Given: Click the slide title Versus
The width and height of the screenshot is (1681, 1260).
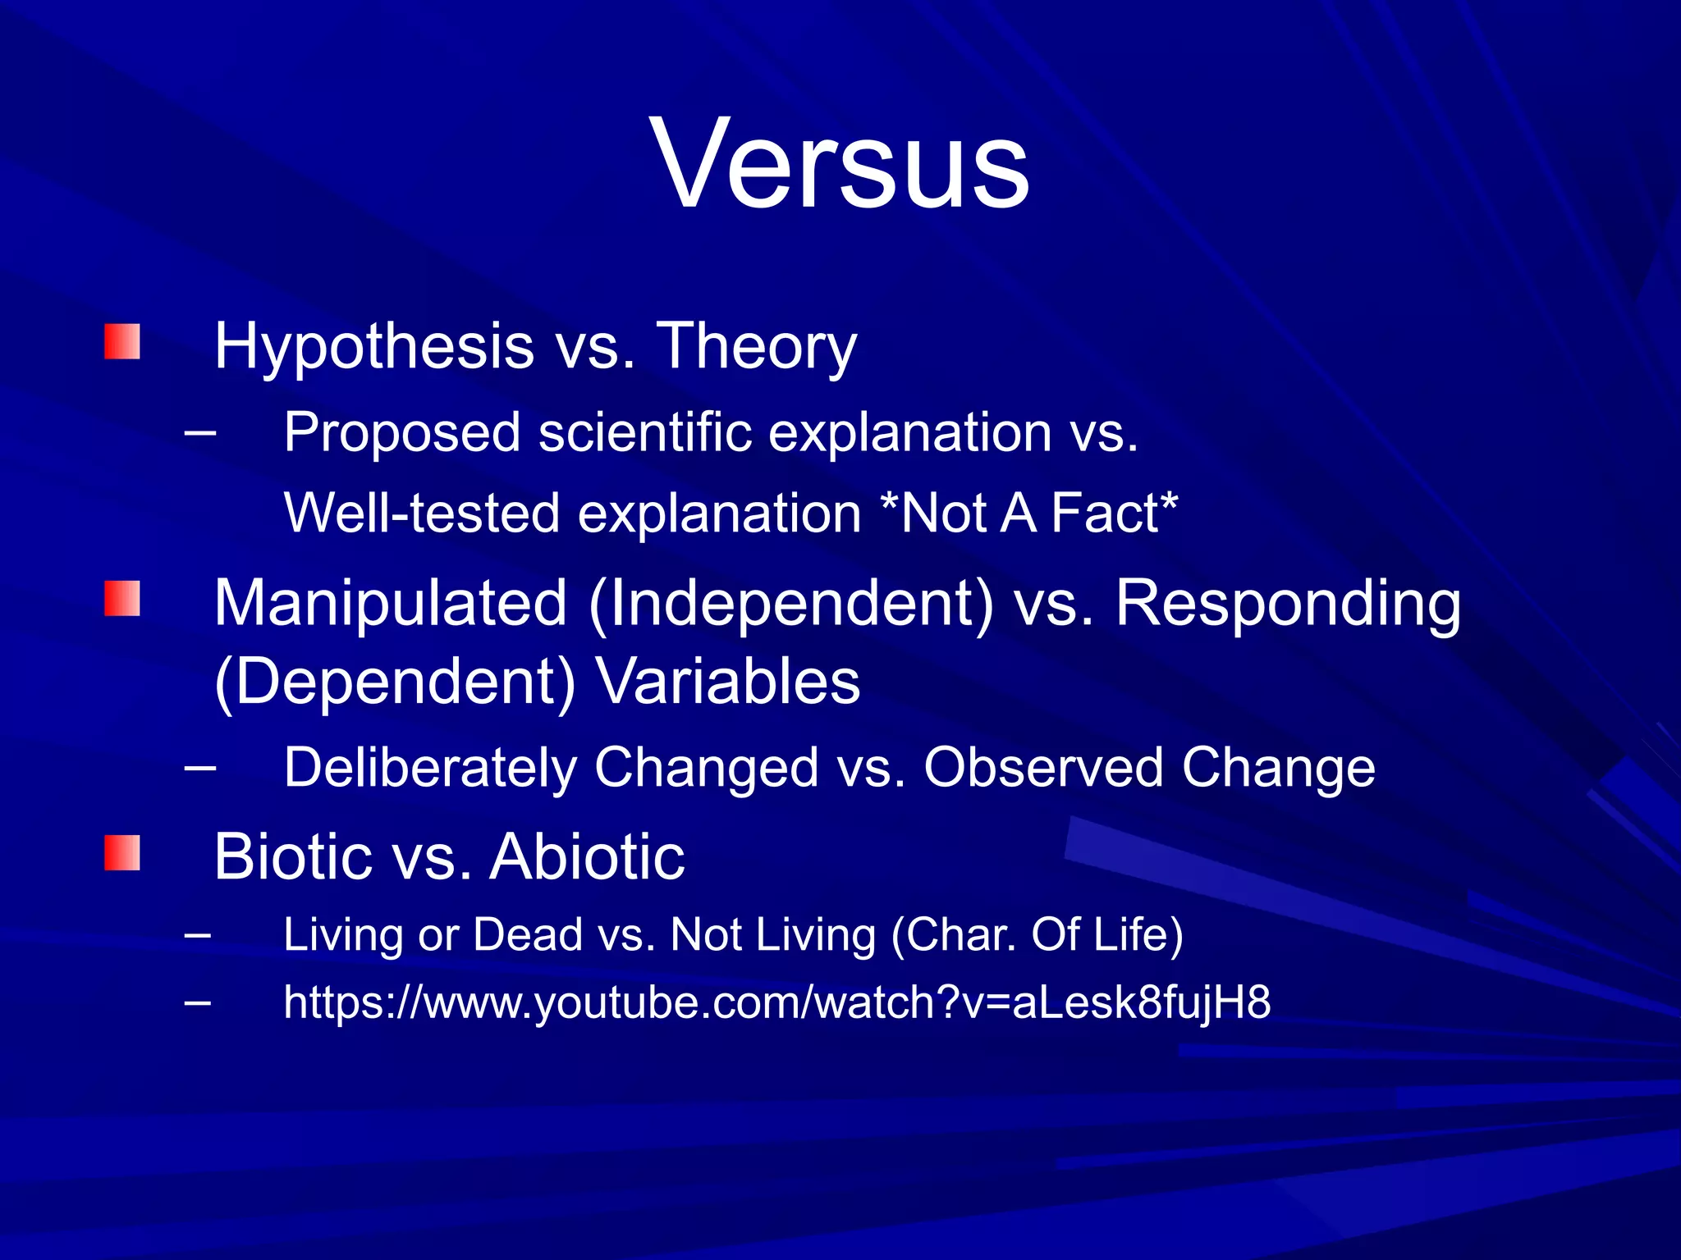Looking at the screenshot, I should coord(840,164).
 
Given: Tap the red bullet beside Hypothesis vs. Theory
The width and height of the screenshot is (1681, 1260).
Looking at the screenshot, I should coord(121,341).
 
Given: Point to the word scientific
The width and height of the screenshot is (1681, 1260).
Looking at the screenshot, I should coord(644,432).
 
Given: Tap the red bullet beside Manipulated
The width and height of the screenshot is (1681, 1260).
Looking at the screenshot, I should coord(121,599).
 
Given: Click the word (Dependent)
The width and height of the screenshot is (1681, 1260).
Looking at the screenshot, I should coord(395,682).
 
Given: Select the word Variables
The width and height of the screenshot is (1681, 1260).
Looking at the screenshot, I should coord(727,682).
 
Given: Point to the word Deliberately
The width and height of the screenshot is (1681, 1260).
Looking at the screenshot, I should coord(430,769).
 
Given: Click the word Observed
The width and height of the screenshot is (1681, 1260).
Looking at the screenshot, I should coord(1042,769).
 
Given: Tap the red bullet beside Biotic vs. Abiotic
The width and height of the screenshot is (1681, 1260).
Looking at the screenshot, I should coord(121,853).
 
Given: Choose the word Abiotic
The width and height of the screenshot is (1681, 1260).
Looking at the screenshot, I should coord(587,857).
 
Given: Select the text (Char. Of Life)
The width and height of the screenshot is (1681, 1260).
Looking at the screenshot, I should coord(1037,935).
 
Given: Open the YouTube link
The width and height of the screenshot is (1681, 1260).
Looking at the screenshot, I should coord(776,1003).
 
